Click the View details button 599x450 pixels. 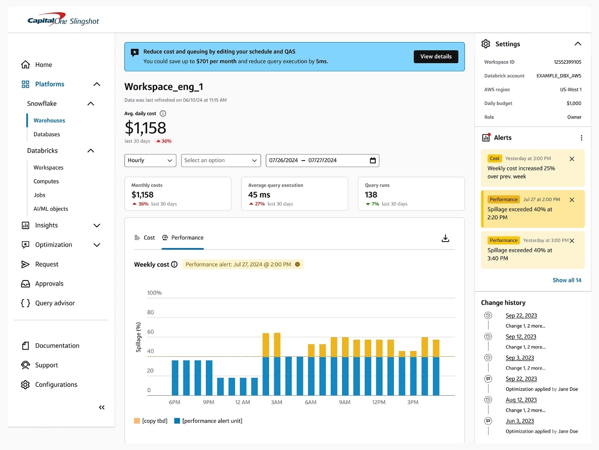(436, 57)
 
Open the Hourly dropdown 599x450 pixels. (150, 161)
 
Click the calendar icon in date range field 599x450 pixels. (373, 161)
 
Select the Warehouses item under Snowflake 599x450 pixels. (49, 121)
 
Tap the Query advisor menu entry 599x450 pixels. (55, 303)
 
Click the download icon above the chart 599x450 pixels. (445, 238)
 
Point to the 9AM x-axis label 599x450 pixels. (344, 402)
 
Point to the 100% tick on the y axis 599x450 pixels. (154, 293)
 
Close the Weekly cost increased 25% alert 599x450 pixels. (571, 159)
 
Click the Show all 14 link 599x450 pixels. (567, 280)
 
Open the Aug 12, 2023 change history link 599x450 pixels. (521, 400)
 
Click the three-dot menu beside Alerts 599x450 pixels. (581, 138)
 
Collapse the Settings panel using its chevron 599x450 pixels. (577, 44)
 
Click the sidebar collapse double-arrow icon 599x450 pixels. (102, 408)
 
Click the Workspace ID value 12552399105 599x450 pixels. (567, 62)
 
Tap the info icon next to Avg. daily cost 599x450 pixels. (163, 114)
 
